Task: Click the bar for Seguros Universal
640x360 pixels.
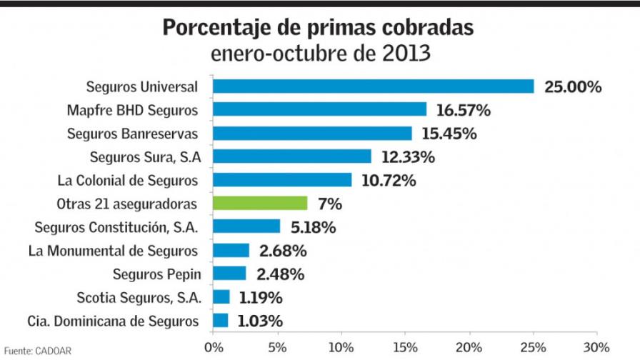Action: coord(373,86)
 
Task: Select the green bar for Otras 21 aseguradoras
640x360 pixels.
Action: coord(260,204)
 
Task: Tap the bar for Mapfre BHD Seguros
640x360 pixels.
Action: coord(319,109)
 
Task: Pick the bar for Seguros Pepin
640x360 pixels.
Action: coord(229,274)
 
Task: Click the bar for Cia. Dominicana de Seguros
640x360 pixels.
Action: coord(220,321)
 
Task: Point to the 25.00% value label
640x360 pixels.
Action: coord(573,87)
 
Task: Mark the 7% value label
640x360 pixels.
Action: coord(330,204)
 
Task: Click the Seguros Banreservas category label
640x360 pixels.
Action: coord(132,134)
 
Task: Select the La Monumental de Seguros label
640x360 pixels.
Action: coord(113,251)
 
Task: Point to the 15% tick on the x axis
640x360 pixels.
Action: coord(405,348)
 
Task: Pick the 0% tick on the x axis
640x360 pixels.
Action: coord(213,348)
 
